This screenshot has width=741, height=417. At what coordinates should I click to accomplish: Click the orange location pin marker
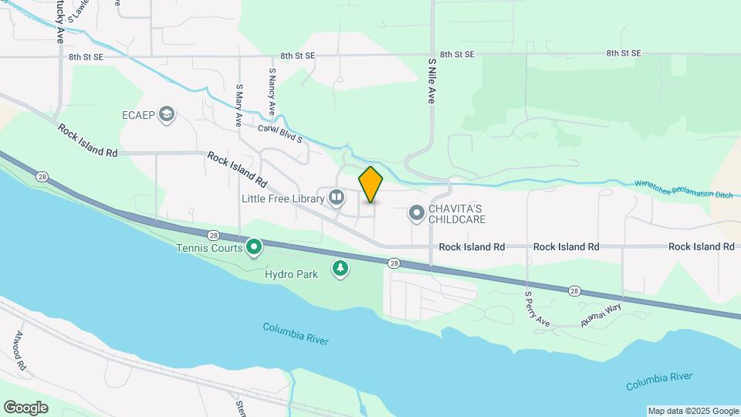click(x=370, y=184)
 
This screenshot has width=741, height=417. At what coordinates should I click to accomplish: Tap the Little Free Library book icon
click(x=337, y=198)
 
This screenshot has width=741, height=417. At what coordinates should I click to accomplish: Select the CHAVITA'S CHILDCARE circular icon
click(x=417, y=212)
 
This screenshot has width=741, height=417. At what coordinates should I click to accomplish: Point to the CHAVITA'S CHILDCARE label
click(x=457, y=214)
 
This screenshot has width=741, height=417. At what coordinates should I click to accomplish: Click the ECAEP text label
click(x=139, y=116)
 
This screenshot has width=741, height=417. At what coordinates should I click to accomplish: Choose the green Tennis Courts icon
click(x=254, y=247)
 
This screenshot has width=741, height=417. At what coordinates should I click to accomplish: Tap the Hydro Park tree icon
click(x=340, y=268)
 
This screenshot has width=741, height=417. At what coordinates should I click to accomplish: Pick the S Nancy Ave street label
click(x=272, y=91)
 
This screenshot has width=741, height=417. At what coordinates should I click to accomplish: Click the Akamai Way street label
click(x=601, y=316)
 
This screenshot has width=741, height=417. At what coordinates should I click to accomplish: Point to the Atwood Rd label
click(x=20, y=350)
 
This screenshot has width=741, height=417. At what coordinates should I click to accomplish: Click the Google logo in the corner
click(x=25, y=407)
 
